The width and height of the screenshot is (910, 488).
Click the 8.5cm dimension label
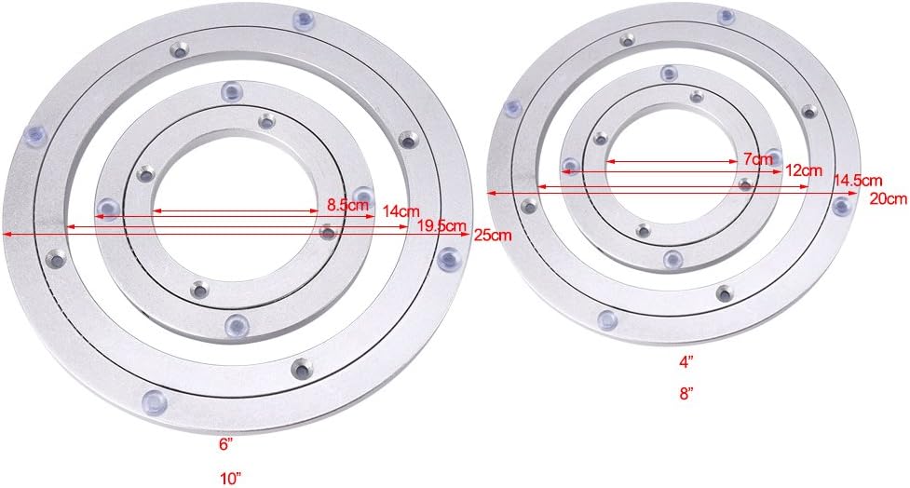tap(346, 205)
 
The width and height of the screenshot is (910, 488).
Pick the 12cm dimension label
tap(803, 170)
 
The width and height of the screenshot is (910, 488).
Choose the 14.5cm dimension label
tap(858, 181)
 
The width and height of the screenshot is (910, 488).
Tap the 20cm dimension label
tap(889, 198)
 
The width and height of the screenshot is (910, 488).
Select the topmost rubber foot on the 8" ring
tap(726, 16)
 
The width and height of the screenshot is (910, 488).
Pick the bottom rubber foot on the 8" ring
tap(607, 320)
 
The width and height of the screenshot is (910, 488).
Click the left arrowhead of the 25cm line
tap(7, 235)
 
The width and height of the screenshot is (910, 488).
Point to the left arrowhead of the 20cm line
tap(491, 194)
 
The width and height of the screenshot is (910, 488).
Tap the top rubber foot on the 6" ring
tap(231, 90)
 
